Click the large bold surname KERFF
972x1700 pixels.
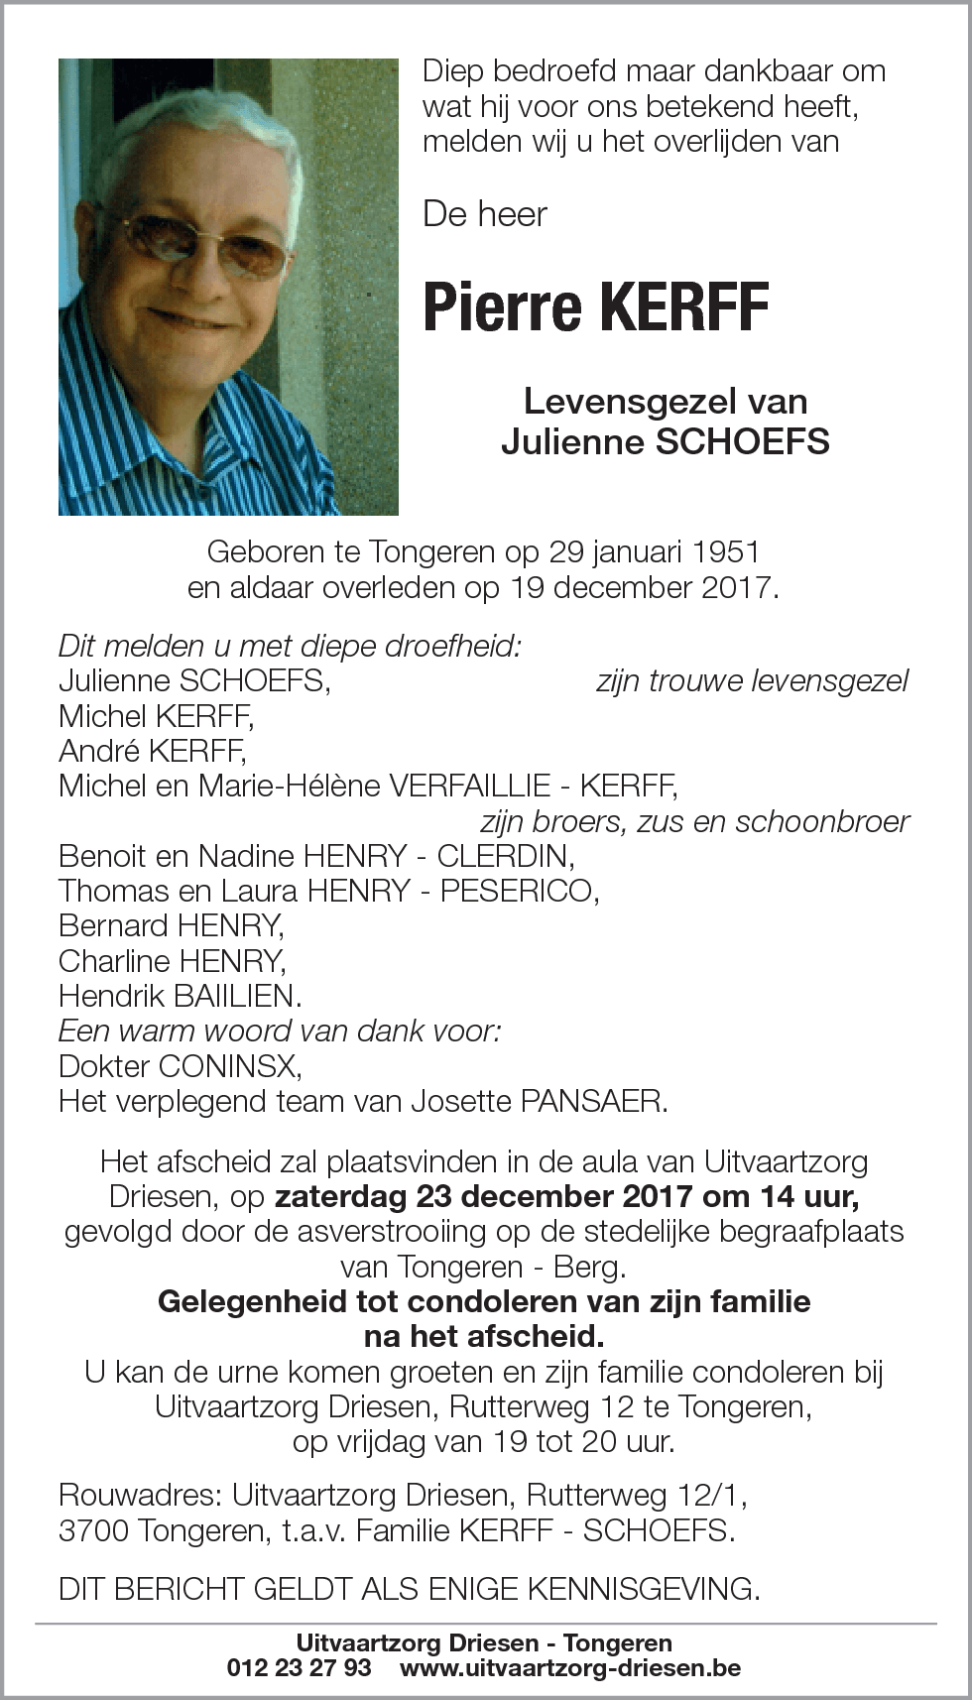684,307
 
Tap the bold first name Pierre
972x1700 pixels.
505,307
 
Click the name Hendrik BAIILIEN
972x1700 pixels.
180,996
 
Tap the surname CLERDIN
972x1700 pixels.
503,856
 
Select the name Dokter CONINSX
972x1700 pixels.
180,1066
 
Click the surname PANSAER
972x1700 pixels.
591,1101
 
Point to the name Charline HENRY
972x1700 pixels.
172,961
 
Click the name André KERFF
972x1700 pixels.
152,751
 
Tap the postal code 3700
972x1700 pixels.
93,1530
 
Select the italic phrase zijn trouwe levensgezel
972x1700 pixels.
752,681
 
